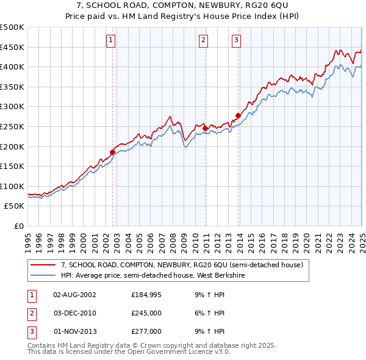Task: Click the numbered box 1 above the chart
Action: tap(111, 41)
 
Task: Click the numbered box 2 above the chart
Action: tap(203, 41)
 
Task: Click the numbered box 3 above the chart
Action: tap(236, 41)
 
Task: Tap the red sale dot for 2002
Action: tap(112, 152)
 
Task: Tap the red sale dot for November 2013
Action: tap(238, 115)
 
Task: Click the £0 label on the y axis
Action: tap(18, 226)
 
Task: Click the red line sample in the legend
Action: tap(43, 265)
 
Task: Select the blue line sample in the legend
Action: tap(43, 275)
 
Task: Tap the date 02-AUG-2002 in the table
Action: tap(74, 295)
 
